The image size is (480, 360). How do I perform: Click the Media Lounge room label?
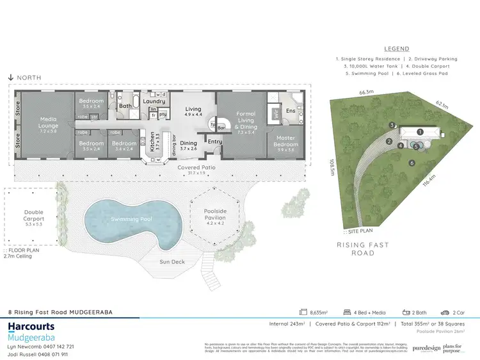click(x=49, y=121)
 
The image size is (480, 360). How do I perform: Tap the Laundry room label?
click(x=154, y=101)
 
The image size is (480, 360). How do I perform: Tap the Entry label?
click(x=214, y=142)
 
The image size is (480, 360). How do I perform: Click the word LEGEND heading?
click(x=397, y=49)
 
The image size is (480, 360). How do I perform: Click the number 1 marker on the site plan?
click(x=420, y=132)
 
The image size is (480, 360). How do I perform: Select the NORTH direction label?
click(x=29, y=78)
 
